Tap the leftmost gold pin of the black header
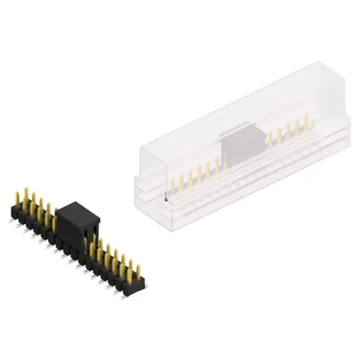17,198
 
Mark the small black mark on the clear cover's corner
167,196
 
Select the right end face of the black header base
142,286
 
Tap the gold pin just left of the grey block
219,163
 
